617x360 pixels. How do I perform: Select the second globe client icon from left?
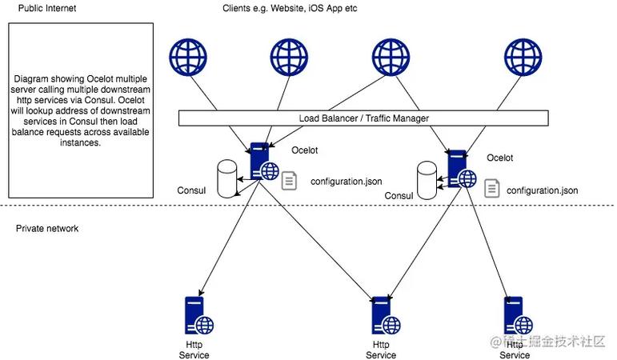tap(289, 58)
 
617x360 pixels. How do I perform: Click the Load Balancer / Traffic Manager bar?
tap(363, 118)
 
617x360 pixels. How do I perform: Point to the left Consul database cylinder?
tap(229, 178)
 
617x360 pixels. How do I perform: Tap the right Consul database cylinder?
tap(427, 180)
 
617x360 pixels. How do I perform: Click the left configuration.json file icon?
tap(289, 182)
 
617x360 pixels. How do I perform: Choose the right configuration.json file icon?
tap(492, 190)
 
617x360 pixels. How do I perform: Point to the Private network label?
tap(47, 229)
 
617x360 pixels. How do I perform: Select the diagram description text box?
tap(81, 110)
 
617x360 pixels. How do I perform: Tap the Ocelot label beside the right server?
tap(499, 158)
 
